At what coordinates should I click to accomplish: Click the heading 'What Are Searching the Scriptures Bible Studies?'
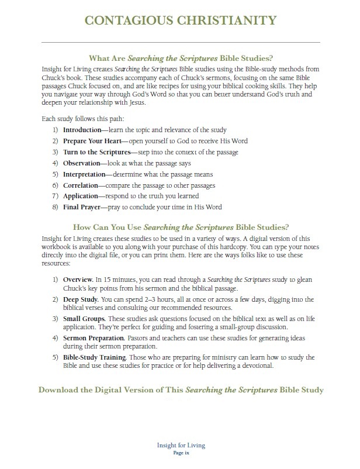(x=181, y=58)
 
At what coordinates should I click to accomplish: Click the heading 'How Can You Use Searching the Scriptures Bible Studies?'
(x=181, y=227)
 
